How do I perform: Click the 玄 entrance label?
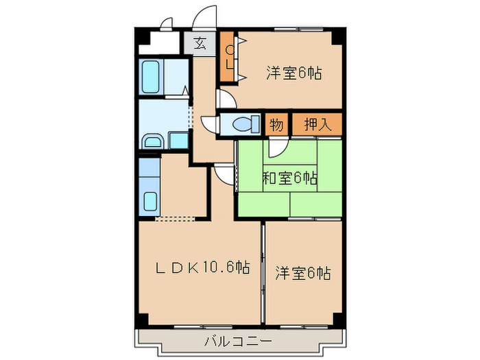coord(199,43)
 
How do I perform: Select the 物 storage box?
coord(276,125)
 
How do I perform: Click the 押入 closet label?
coord(317,125)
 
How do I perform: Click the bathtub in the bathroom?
coord(152,78)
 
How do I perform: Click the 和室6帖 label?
coord(289,180)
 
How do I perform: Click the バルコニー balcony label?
coord(238,341)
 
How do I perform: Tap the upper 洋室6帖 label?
coord(294,72)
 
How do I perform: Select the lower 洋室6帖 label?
coord(303,273)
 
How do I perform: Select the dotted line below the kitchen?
coord(175,220)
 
